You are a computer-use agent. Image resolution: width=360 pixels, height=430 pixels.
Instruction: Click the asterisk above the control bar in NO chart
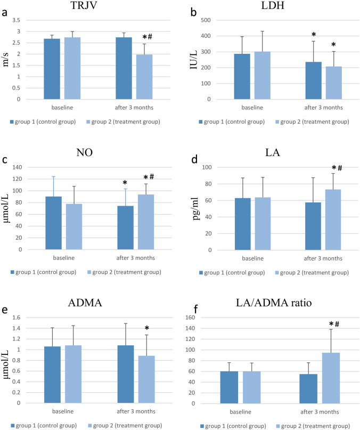(125, 183)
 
